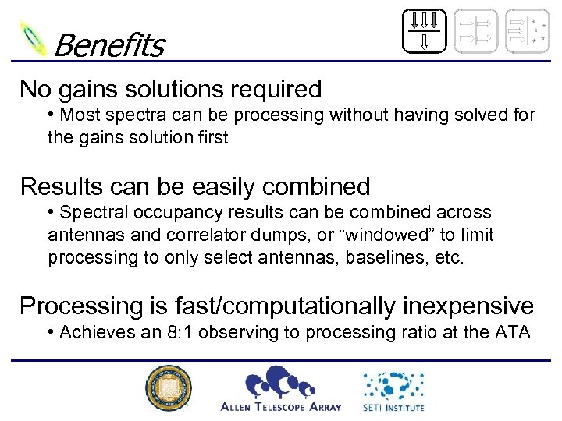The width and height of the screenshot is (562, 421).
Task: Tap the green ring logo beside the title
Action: [x=34, y=37]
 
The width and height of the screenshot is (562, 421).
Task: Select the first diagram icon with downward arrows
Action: [x=424, y=31]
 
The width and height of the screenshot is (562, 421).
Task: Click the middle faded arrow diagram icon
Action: [x=475, y=31]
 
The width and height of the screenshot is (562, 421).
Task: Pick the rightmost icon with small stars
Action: [x=527, y=31]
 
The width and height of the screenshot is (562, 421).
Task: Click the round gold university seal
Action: [x=168, y=388]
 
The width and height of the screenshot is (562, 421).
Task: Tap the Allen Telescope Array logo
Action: [x=281, y=388]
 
